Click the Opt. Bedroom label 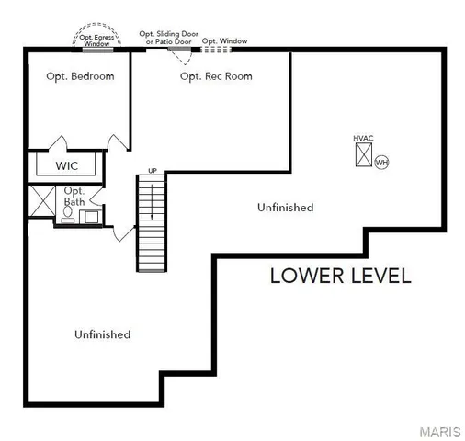(81, 76)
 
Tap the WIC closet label (67, 166)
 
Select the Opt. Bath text (74, 196)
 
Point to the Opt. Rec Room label (216, 76)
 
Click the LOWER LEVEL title (340, 276)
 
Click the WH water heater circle (381, 162)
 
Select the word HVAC (364, 138)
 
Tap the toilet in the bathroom (68, 213)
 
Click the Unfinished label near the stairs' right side (285, 208)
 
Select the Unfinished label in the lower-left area (102, 334)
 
